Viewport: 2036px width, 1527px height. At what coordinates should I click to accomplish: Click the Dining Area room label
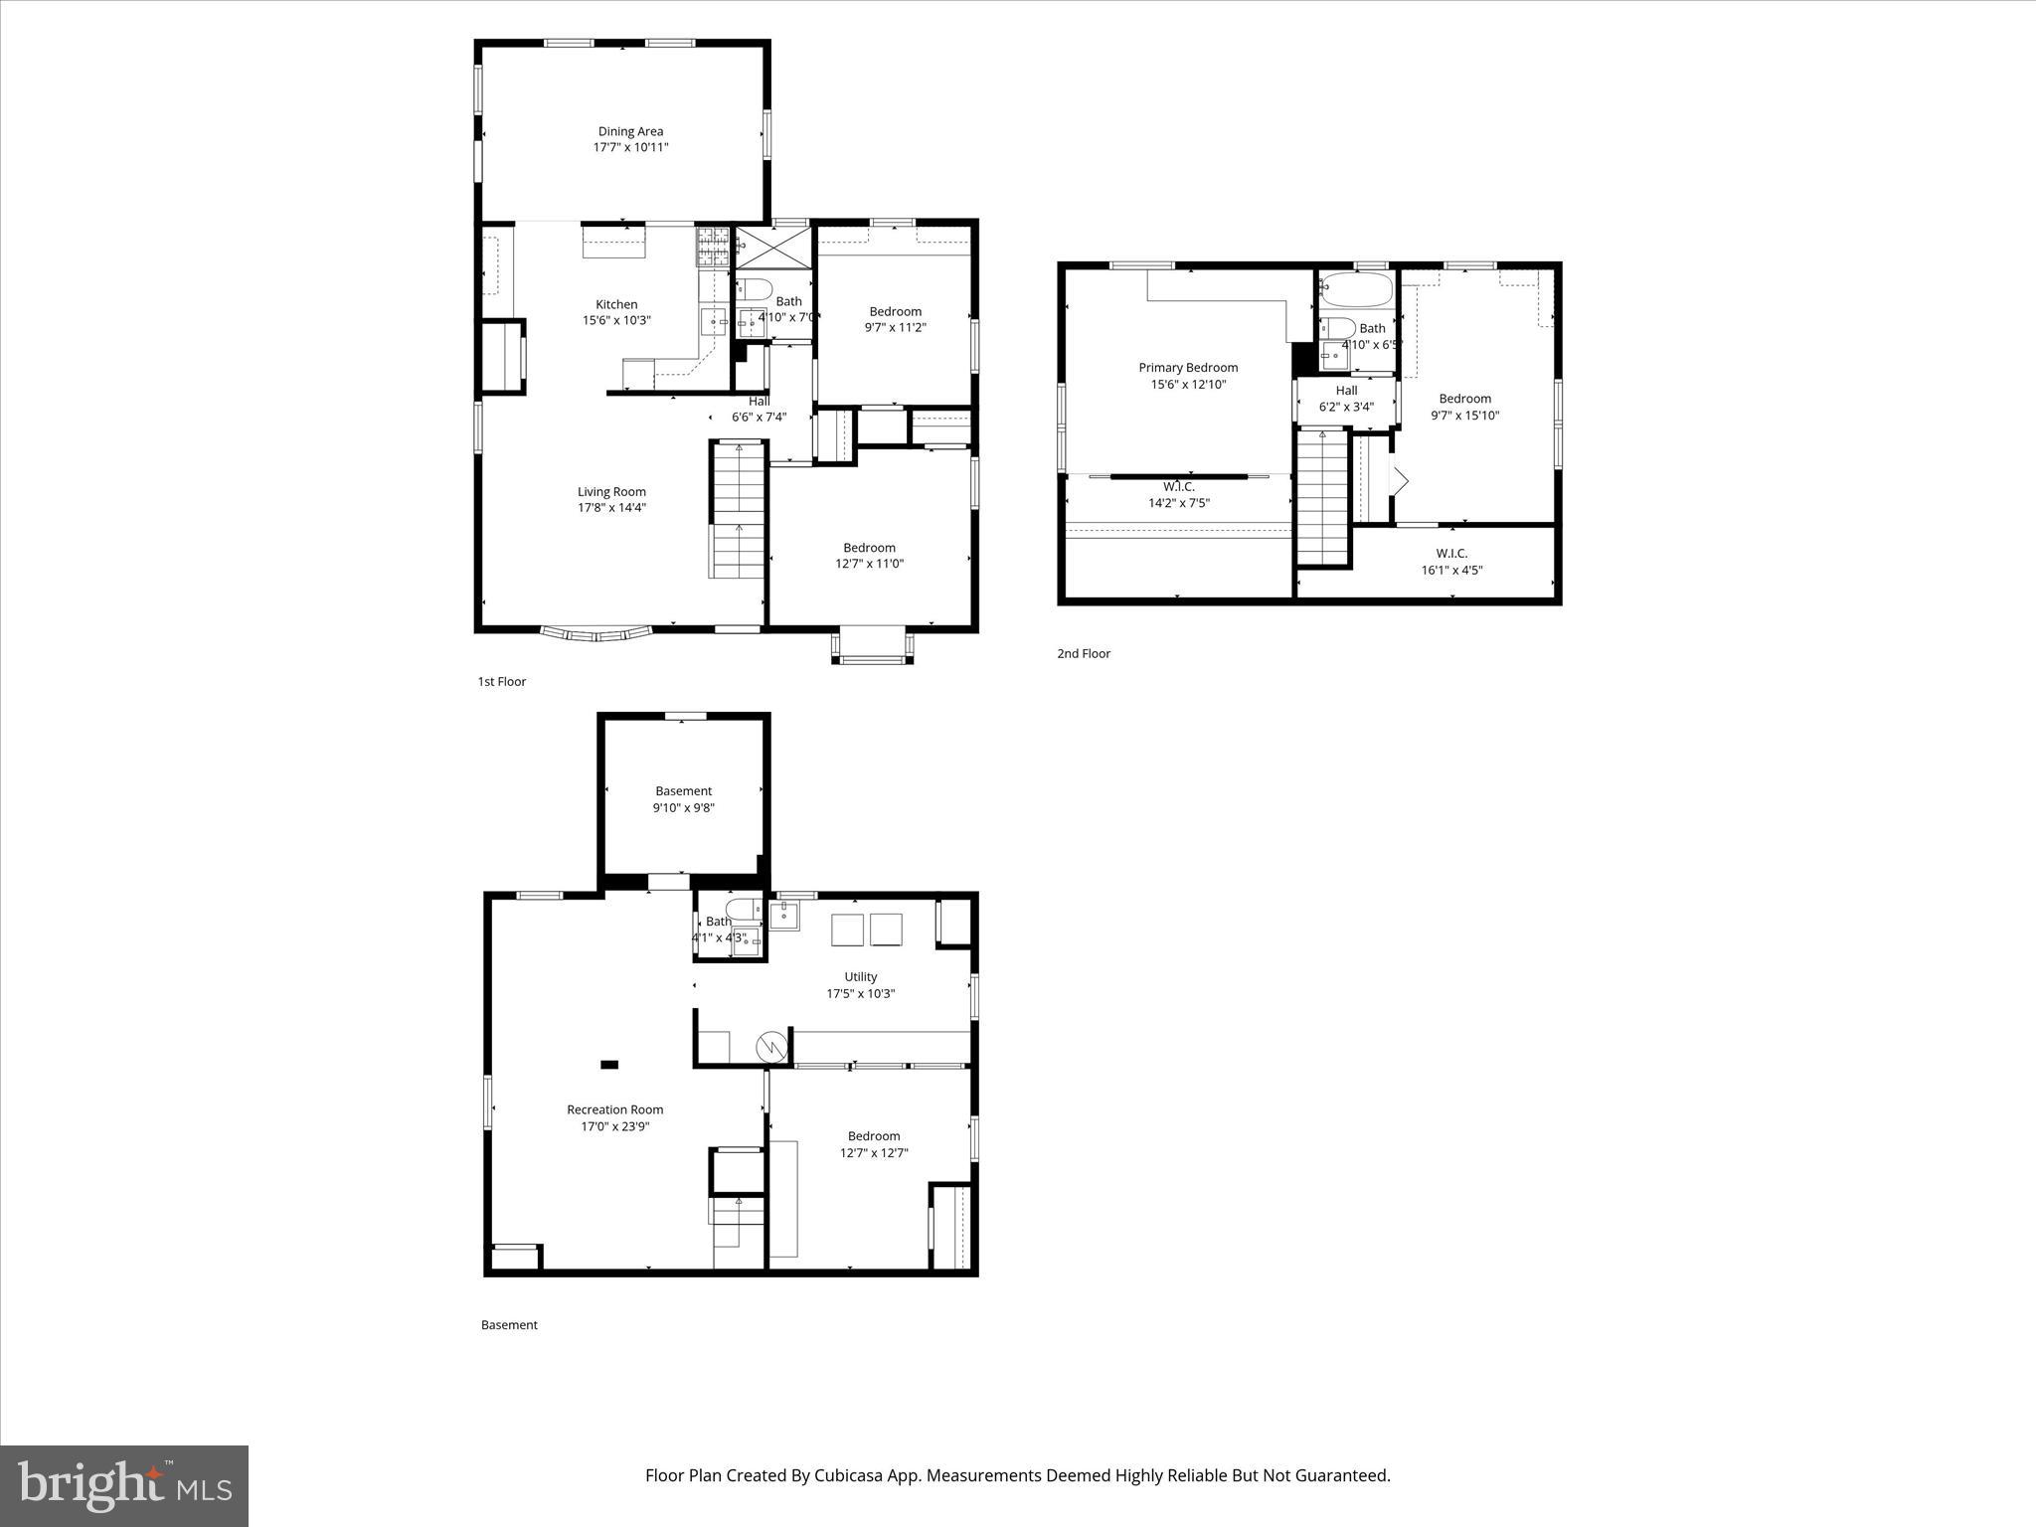pos(630,131)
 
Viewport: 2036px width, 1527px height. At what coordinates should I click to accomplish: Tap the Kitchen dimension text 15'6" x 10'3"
pos(616,320)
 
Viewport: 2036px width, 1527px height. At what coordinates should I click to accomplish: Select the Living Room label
pos(611,491)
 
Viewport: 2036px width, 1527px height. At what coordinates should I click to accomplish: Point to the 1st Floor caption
pos(501,681)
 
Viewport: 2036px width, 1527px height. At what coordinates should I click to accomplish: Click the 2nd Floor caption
pos(1083,653)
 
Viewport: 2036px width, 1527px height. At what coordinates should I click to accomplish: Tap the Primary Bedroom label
pos(1188,368)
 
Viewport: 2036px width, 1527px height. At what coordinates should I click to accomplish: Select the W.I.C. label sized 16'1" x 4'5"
pos(1451,554)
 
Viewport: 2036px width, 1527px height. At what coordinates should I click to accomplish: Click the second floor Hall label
pos(1346,391)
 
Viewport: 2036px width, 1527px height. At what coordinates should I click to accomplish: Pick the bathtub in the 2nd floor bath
pos(1357,289)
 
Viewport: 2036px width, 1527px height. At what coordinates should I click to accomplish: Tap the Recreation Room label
pos(614,1109)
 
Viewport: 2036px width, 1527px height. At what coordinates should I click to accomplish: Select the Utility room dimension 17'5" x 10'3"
pos(861,993)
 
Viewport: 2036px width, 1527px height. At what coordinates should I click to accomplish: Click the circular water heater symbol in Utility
pos(771,1046)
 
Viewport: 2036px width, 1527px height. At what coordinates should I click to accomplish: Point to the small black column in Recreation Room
pos(609,1065)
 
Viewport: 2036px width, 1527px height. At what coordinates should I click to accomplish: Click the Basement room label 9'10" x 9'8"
pos(683,791)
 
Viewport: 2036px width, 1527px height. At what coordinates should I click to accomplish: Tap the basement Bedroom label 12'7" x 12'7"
pos(874,1136)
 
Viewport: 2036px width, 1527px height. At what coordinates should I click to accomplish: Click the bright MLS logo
pos(124,1485)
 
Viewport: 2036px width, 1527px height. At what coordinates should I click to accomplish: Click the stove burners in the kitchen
pos(713,247)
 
